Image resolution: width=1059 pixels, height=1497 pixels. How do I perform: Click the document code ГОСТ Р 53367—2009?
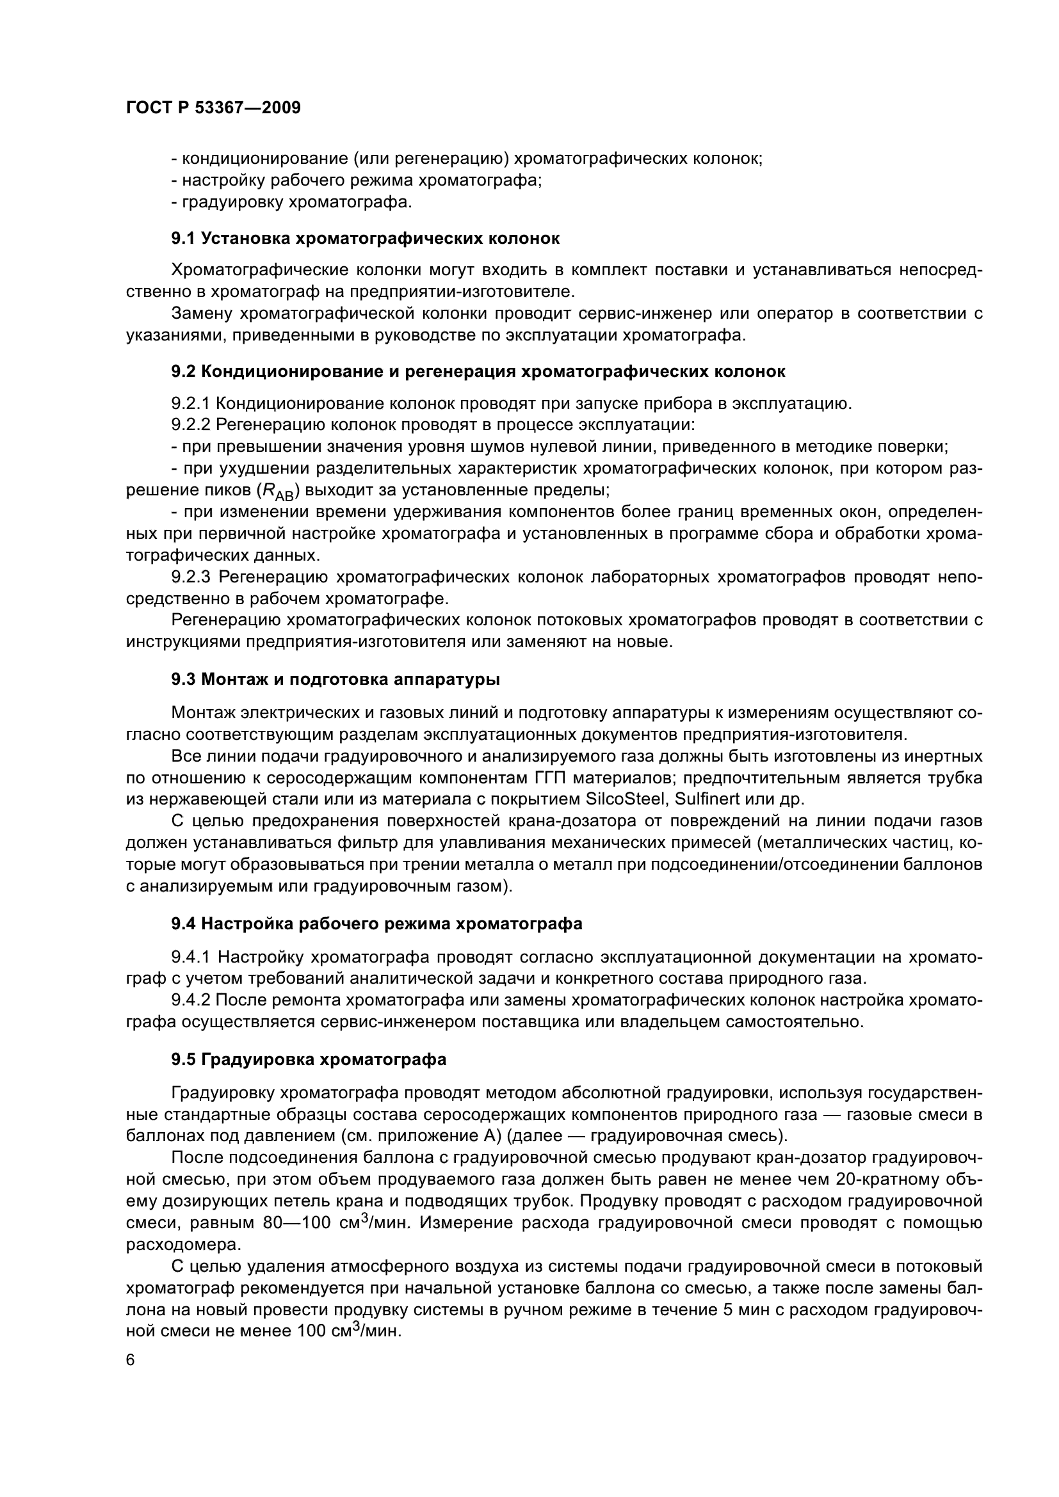[213, 108]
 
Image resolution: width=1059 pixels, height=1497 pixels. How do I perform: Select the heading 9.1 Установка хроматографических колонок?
[365, 239]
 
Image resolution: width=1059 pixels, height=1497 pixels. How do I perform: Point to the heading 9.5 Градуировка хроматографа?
[309, 1059]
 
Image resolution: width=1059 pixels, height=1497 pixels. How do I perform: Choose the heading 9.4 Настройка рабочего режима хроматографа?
[376, 924]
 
